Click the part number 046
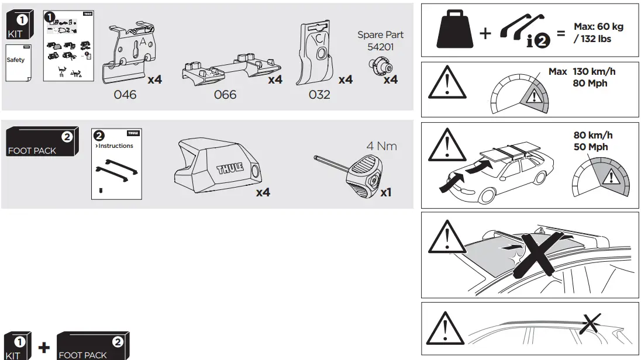[x=125, y=94]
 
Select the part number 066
[x=225, y=94]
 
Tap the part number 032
[x=319, y=94]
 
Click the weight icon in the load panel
[x=454, y=32]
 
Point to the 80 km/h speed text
[x=593, y=136]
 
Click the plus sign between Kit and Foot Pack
[x=44, y=347]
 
